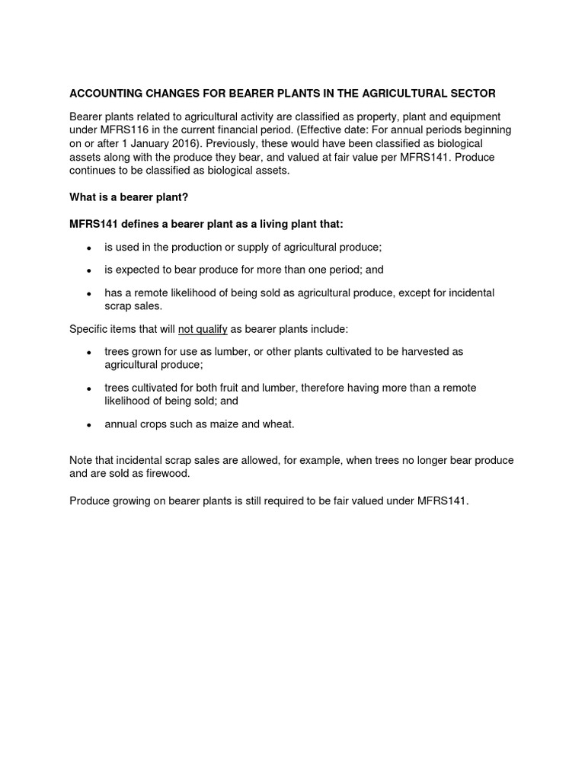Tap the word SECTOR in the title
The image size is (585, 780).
pos(471,93)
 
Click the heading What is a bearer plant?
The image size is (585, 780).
pos(129,197)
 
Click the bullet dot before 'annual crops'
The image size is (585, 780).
pos(89,425)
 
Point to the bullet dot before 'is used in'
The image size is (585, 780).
pos(89,248)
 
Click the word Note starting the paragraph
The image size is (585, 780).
pos(82,461)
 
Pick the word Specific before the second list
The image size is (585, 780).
pos(89,328)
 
